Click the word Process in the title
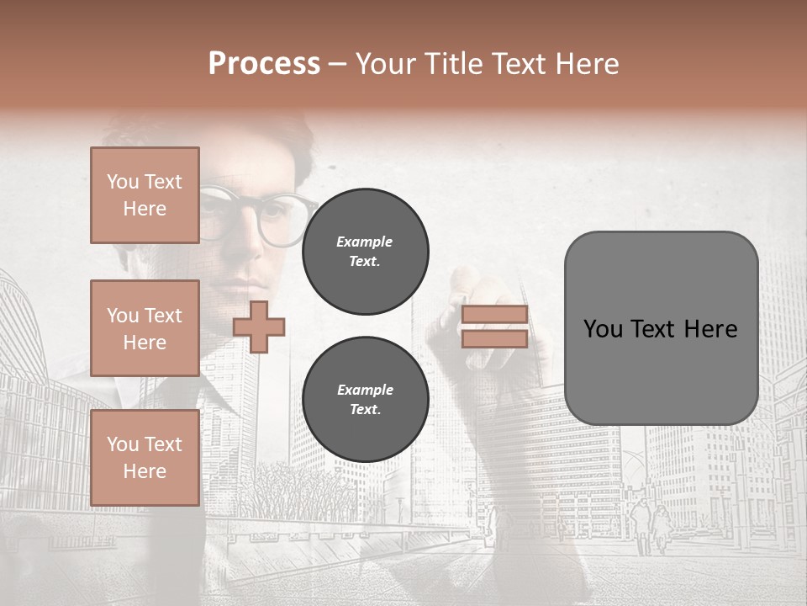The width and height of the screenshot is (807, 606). tap(264, 64)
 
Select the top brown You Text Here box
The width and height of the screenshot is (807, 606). tap(145, 195)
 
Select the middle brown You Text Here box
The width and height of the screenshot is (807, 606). tap(145, 328)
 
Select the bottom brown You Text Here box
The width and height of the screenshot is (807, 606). tap(145, 458)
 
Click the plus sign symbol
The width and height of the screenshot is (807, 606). tap(259, 327)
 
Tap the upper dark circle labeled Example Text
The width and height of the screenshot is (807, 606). tap(365, 251)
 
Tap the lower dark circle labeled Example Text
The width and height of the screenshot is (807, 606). tap(365, 399)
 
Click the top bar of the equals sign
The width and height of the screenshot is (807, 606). tap(494, 314)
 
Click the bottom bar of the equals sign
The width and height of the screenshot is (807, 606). tap(494, 338)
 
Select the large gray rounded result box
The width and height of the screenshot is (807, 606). tap(661, 328)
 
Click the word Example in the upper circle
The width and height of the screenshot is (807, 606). tap(365, 242)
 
